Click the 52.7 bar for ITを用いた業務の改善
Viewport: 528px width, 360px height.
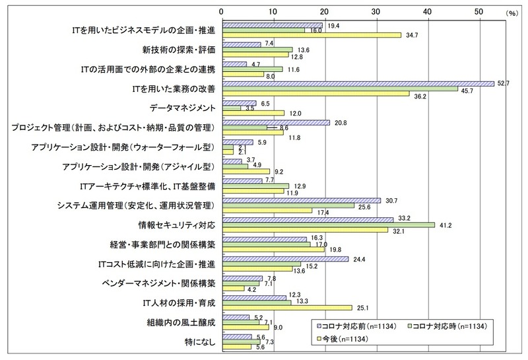pos(359,83)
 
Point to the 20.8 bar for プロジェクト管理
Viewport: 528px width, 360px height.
pos(277,122)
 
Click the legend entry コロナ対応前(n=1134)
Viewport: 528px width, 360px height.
pos(356,326)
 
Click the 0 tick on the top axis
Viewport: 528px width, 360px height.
pos(224,12)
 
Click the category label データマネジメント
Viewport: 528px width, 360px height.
pos(181,108)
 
